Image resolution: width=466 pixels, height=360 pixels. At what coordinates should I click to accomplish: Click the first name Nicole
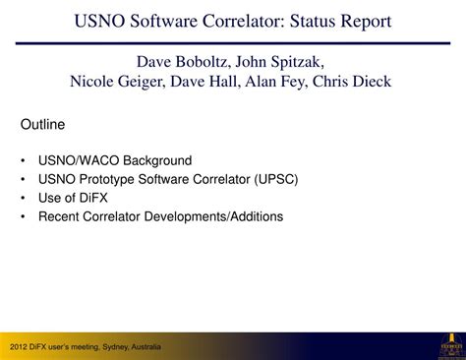93,82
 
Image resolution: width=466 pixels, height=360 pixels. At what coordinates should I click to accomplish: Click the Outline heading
42,125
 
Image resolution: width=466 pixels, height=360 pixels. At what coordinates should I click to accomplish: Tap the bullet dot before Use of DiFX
23,198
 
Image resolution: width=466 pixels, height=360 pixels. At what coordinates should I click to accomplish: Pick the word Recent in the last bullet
60,216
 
